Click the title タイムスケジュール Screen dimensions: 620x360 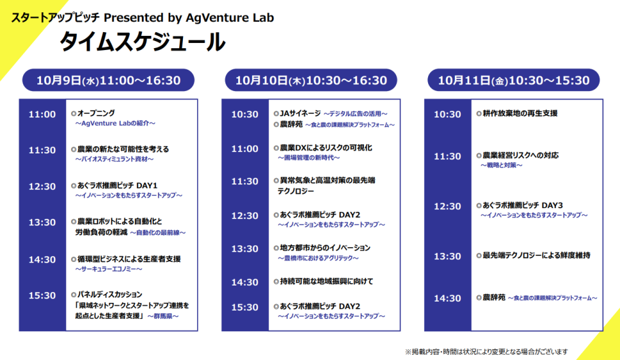[142, 42]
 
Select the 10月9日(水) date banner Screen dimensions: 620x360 [108, 80]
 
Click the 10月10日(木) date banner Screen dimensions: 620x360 [311, 80]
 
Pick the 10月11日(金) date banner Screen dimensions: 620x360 [513, 80]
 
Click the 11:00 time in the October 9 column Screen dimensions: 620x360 [42, 115]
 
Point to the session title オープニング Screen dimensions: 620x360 [96, 114]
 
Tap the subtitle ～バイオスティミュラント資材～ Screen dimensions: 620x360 [114, 159]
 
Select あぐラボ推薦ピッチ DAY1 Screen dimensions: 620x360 [117, 185]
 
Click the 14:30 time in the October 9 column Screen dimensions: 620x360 [42, 260]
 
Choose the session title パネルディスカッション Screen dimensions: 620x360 [110, 295]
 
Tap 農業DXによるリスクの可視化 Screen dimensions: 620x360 [326, 148]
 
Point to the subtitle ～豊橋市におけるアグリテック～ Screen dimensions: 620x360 [318, 258]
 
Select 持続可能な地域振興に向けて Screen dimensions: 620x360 [327, 281]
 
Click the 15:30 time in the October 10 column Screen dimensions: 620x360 [245, 307]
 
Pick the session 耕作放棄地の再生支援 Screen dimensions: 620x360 [520, 114]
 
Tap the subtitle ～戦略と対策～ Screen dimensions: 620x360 [501, 165]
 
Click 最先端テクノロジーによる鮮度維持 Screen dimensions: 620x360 [537, 255]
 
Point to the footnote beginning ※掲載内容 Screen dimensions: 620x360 [487, 351]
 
